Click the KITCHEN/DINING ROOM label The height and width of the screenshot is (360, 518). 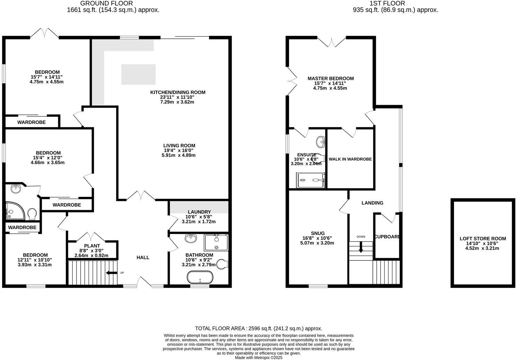[178, 92]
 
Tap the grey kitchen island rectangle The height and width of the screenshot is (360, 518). [138, 74]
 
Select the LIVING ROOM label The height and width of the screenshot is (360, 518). [179, 146]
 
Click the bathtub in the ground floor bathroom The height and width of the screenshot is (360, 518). [200, 277]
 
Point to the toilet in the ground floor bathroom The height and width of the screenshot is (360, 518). [223, 264]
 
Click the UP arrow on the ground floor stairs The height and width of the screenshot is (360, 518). [112, 273]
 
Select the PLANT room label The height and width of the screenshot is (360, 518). [92, 246]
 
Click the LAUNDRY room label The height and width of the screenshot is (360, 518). [199, 212]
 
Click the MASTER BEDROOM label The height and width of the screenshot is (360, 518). [330, 79]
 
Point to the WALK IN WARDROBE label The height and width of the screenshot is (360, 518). [350, 159]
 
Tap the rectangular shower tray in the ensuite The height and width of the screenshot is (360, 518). [311, 180]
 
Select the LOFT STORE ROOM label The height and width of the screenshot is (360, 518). [482, 238]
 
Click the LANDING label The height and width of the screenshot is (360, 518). [372, 203]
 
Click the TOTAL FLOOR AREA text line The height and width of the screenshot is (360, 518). [258, 328]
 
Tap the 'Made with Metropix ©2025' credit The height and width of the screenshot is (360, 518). [259, 358]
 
